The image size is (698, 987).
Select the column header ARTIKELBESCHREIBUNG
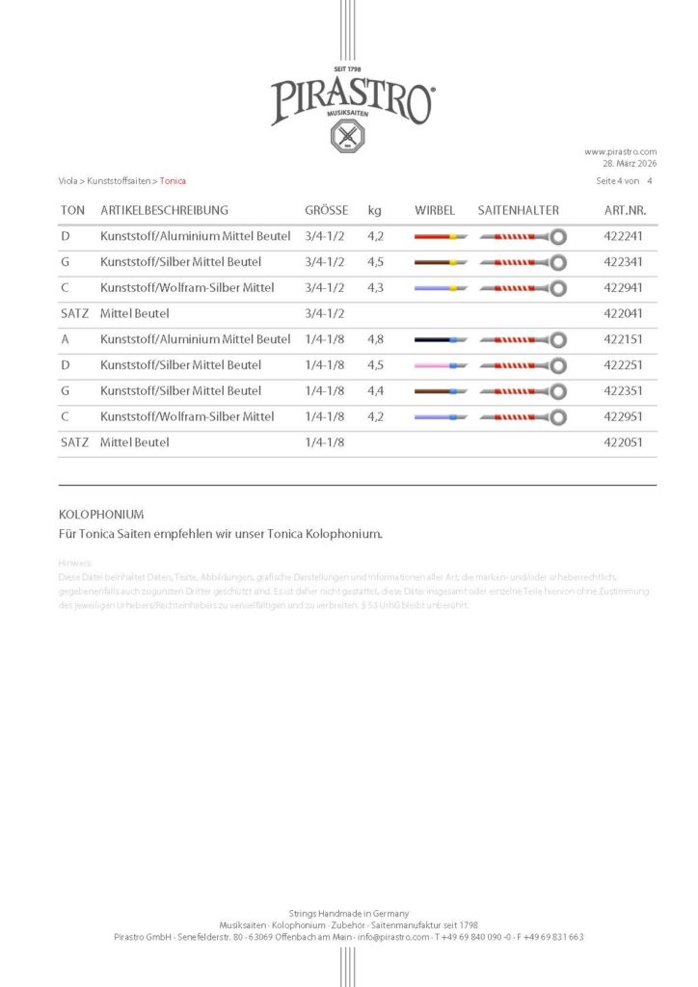tap(164, 210)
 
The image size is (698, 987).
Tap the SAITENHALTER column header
tap(518, 210)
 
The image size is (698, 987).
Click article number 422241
tap(623, 236)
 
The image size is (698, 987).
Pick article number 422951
tap(623, 416)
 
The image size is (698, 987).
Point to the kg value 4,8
tap(376, 339)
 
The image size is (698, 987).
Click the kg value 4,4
tap(376, 390)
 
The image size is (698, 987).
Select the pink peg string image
tap(441, 366)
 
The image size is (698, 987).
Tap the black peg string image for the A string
tap(441, 340)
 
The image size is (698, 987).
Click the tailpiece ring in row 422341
tap(558, 262)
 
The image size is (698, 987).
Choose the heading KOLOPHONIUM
tap(101, 515)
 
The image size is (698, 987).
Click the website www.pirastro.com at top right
tap(620, 151)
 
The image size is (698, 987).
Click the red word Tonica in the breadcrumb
tap(174, 180)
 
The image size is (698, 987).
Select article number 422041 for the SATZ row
tap(623, 313)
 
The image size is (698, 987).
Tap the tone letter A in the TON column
tap(65, 339)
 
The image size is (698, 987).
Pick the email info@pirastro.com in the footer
tap(392, 937)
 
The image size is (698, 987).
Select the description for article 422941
tap(187, 287)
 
